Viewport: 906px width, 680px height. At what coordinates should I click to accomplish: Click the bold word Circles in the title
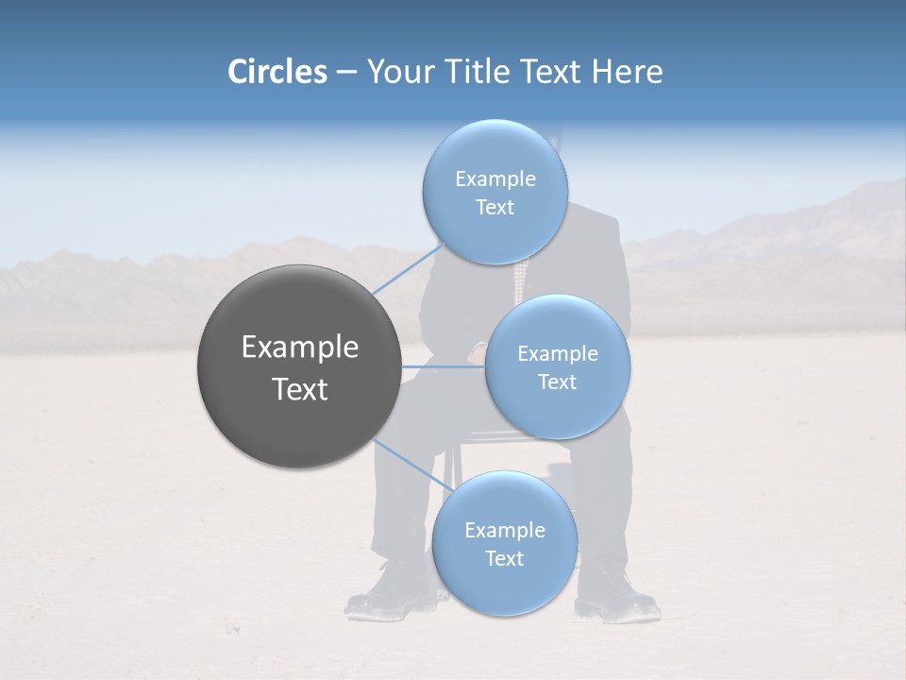click(277, 72)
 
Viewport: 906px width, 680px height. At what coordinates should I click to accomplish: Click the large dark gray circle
click(299, 366)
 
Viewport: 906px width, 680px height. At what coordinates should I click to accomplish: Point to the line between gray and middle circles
click(444, 366)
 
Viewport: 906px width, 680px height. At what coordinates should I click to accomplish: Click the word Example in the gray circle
click(300, 348)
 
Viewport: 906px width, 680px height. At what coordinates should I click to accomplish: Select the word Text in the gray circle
click(300, 389)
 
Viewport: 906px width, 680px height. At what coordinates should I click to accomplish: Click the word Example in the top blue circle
click(495, 179)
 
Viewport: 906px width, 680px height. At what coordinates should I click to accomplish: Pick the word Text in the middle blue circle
click(557, 382)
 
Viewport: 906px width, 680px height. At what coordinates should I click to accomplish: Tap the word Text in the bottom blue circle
click(504, 559)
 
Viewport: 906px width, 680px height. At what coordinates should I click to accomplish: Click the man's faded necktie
click(518, 280)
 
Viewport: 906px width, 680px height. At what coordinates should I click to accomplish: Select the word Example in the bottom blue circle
click(505, 531)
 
